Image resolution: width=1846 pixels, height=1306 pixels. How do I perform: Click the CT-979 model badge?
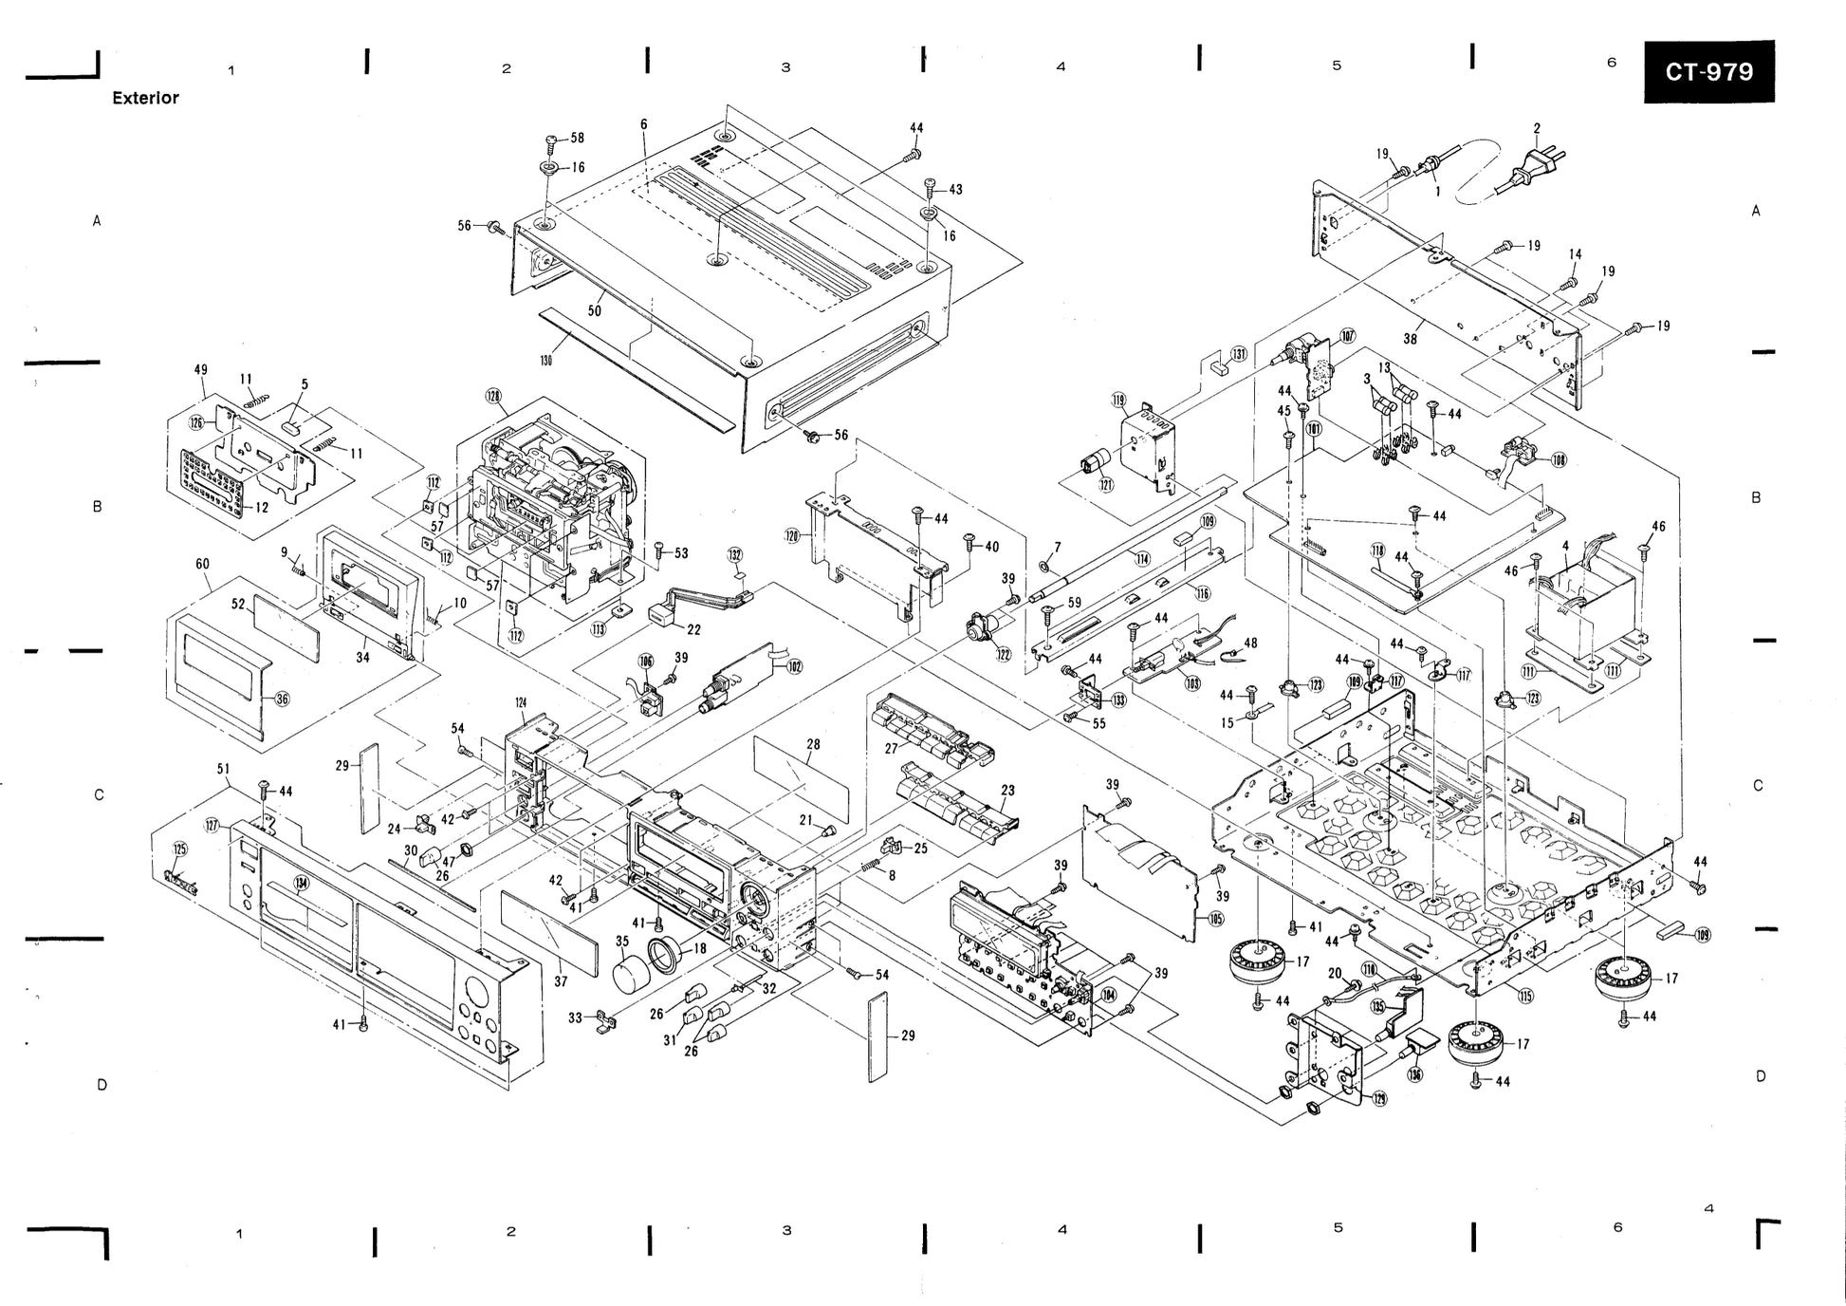coord(1708,72)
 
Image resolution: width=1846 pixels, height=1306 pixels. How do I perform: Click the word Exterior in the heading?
coord(145,98)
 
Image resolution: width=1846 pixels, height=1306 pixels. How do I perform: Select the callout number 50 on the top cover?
coord(595,310)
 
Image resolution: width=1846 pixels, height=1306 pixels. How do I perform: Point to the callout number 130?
coord(545,360)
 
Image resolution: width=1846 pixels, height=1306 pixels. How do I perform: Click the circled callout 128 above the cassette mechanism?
coord(494,396)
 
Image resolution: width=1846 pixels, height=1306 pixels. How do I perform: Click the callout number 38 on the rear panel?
coord(1411,339)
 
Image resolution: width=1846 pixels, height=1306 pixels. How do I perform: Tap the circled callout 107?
coord(1348,336)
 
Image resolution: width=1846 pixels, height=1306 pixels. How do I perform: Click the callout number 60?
coord(202,564)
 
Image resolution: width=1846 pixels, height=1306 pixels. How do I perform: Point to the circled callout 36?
coord(282,700)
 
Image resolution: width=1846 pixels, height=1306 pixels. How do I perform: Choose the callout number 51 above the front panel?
coord(224,769)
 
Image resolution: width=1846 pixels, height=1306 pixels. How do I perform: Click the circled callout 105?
coord(1216,919)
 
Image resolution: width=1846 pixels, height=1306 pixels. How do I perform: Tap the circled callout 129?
coord(1379,1098)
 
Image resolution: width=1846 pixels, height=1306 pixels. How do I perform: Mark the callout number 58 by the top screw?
coord(578,139)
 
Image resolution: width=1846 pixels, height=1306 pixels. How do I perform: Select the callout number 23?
coord(1007,790)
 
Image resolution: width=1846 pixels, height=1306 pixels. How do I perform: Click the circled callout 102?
coord(795,666)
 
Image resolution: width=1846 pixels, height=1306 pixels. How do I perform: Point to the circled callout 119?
coord(1118,401)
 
